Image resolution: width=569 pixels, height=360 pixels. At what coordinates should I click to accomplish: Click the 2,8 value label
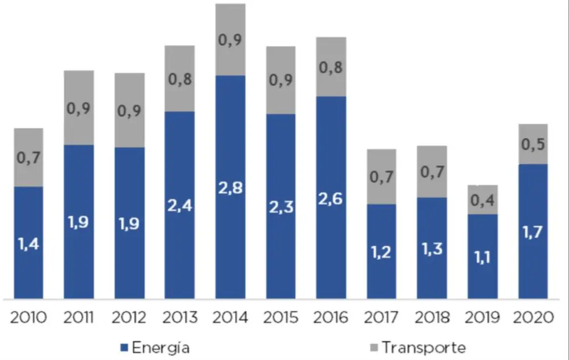(230, 187)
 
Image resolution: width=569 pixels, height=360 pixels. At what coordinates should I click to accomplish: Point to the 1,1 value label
(483, 258)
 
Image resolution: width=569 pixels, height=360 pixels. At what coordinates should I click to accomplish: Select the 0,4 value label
(483, 200)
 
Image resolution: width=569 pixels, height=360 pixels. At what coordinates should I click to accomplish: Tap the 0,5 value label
(533, 144)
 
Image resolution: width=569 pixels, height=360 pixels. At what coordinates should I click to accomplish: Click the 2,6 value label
(331, 200)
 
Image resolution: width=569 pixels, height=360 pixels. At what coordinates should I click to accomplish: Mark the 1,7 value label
(533, 232)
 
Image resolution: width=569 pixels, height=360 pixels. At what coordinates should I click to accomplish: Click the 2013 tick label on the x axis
(180, 317)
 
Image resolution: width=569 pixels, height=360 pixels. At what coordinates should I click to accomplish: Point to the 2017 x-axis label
(381, 317)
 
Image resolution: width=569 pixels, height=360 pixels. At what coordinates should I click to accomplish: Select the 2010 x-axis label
(28, 317)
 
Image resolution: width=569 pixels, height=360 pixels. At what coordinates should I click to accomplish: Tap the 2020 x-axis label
(533, 317)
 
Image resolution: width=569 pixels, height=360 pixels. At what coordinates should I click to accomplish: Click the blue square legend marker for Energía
(124, 347)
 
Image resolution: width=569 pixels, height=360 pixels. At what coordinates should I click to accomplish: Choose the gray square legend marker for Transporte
(374, 347)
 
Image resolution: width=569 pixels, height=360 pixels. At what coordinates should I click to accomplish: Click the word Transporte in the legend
(424, 347)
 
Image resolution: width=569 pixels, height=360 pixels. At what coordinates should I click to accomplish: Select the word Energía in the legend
(160, 346)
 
